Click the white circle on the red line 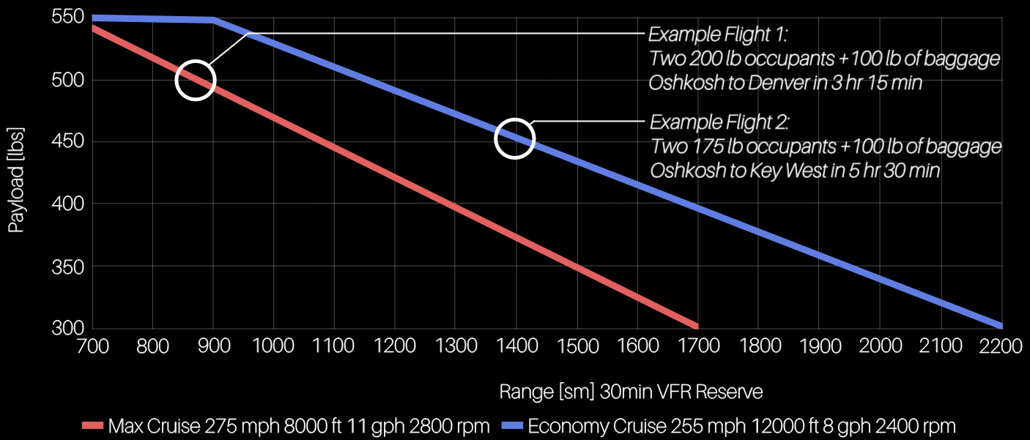point(196,80)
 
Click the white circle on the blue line point(515,138)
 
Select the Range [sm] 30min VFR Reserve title point(631,392)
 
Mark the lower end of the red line point(696,326)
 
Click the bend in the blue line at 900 point(213,20)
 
